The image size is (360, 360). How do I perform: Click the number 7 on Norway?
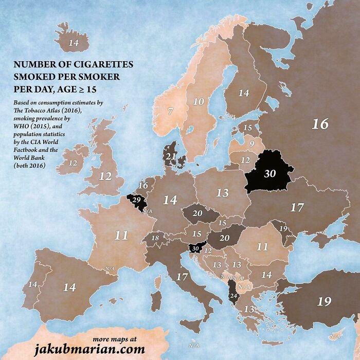(170, 111)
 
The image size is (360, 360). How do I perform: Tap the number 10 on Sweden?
(198, 102)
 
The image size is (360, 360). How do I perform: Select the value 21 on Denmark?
(171, 156)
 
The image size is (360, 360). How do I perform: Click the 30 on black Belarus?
(270, 174)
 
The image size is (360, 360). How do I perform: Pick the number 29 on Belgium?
(136, 199)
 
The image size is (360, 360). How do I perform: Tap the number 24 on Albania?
(233, 296)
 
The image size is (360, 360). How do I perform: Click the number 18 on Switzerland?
(155, 238)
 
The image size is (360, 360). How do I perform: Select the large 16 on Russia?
(319, 123)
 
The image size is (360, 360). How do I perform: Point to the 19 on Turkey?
(324, 301)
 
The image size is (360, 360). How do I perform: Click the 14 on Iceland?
(74, 43)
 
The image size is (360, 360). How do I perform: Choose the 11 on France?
(121, 236)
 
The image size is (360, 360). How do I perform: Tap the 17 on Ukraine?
(297, 208)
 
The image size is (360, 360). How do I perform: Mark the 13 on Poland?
(222, 193)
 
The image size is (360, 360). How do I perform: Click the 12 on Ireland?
(73, 163)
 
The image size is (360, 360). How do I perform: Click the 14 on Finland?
(244, 93)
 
